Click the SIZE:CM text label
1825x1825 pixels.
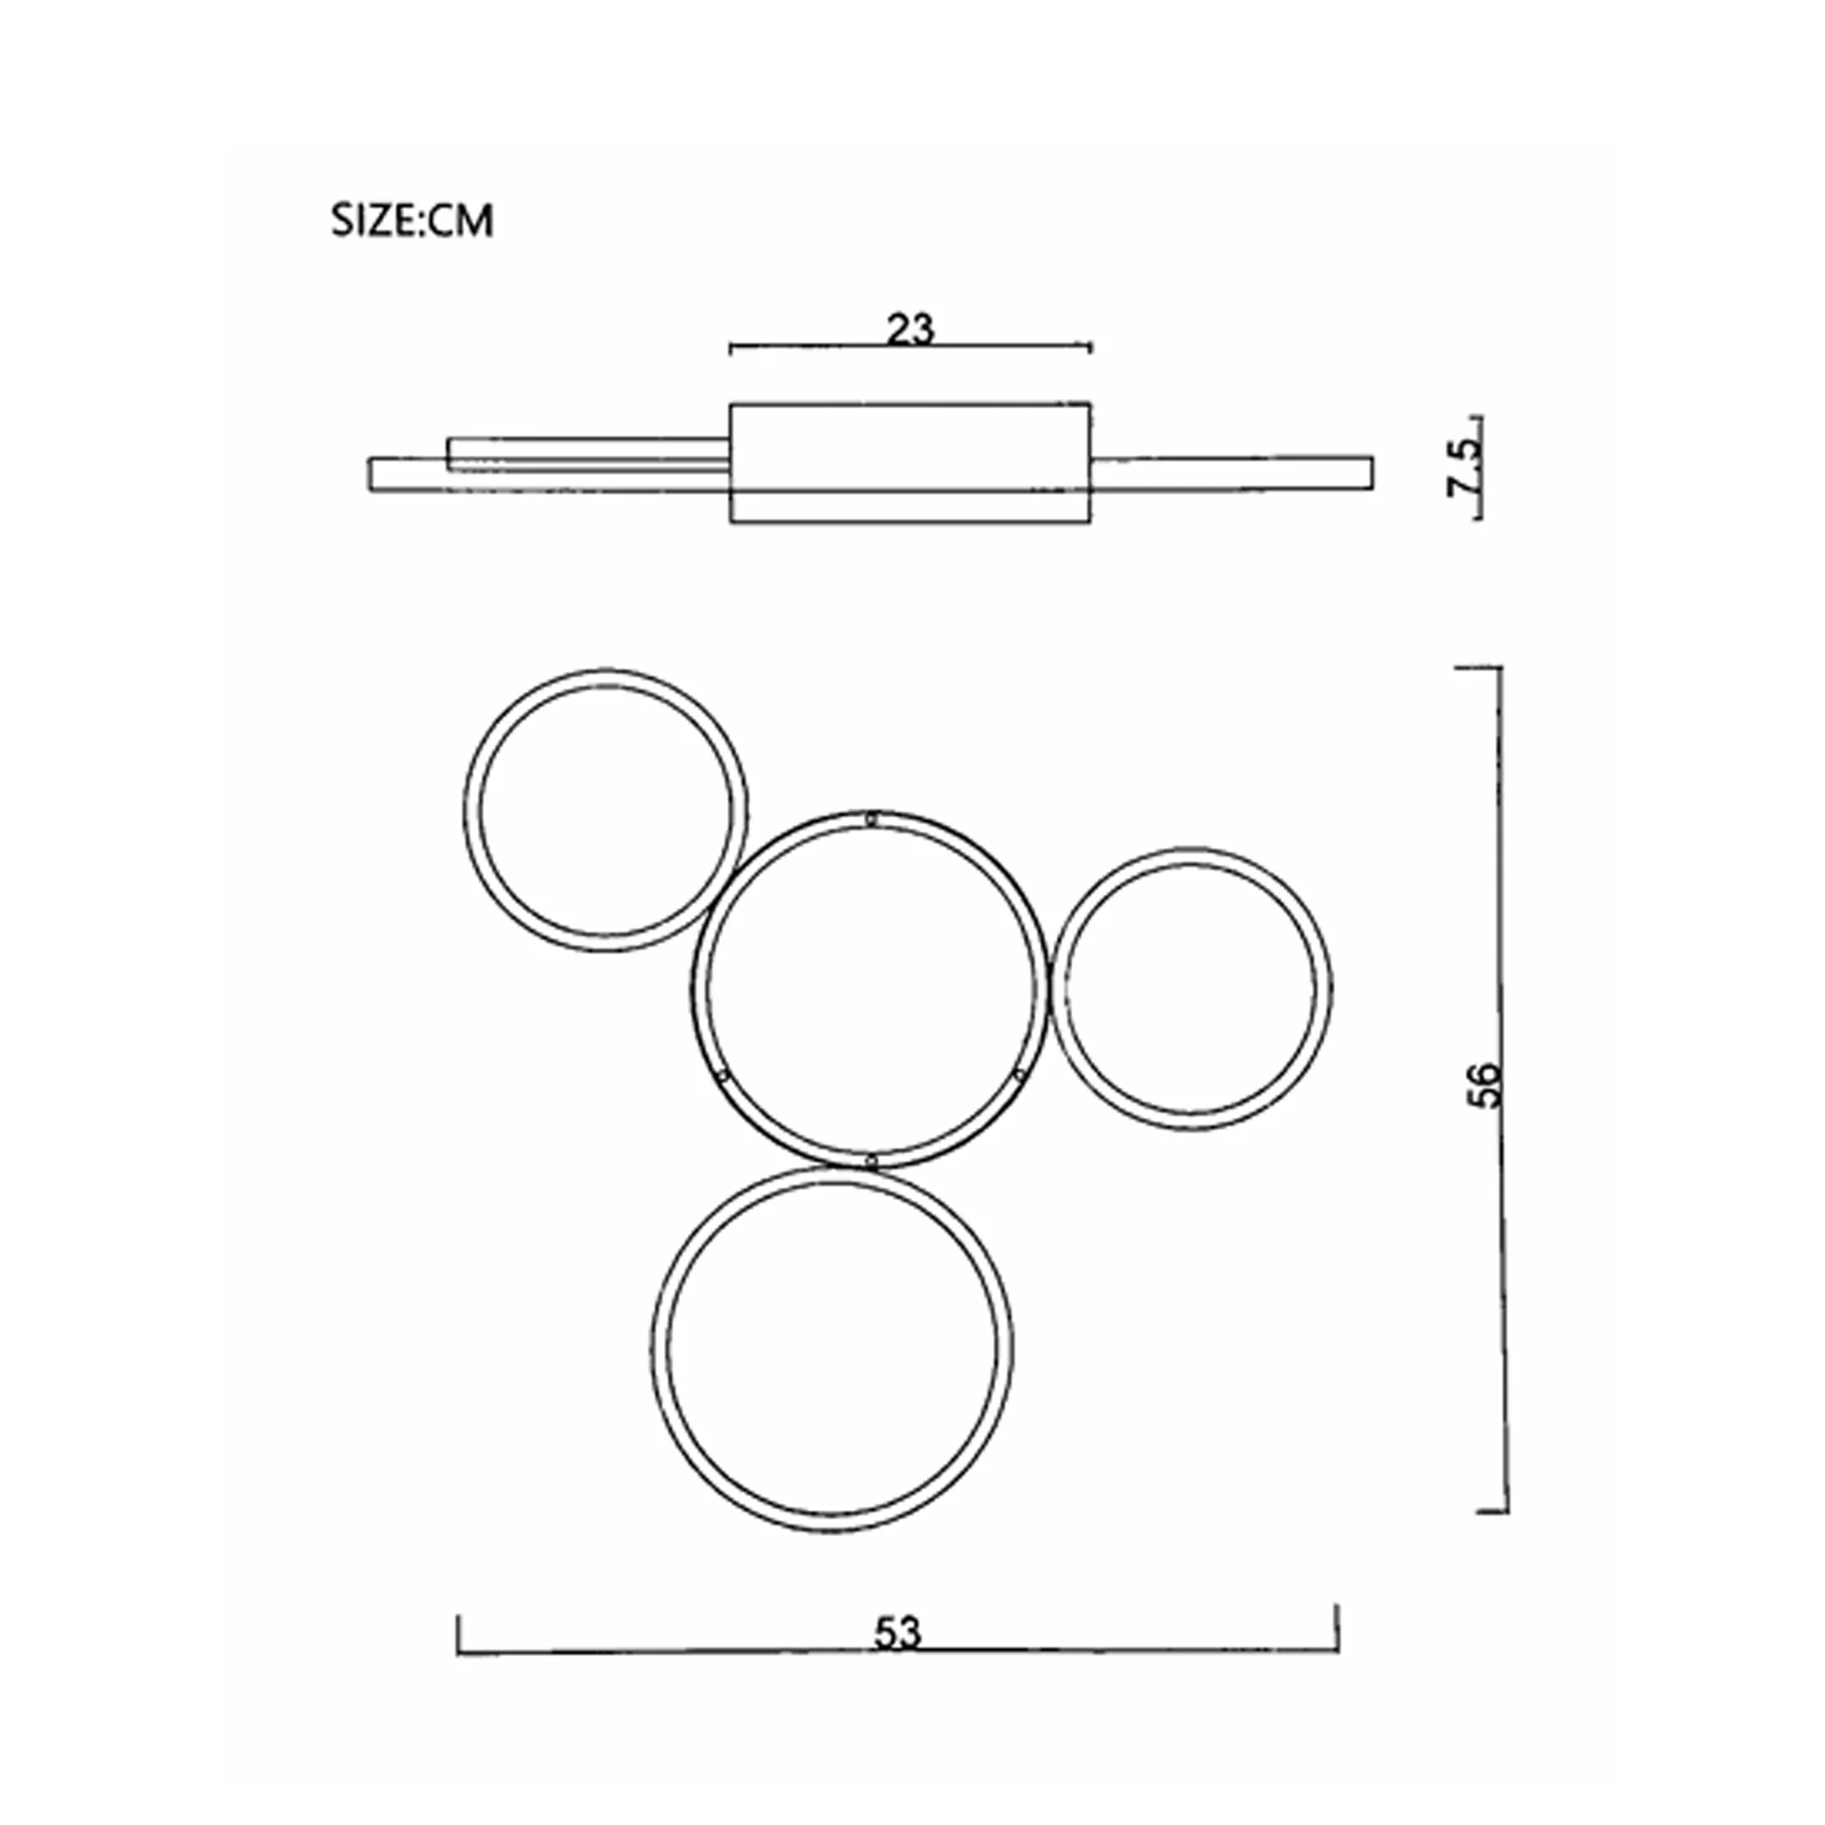point(412,221)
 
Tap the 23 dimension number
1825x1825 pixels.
point(911,329)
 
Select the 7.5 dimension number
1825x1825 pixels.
point(1464,466)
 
